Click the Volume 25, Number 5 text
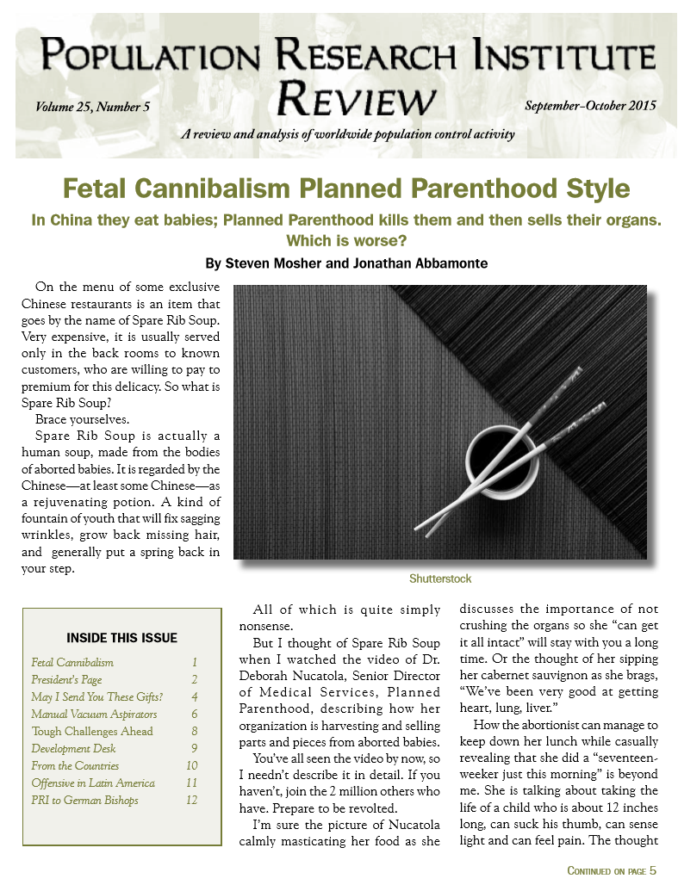coord(93,107)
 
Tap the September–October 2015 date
coord(590,106)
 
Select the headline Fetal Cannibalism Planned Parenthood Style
coord(346,189)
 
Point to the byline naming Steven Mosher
coord(345,263)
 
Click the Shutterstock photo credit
coord(440,579)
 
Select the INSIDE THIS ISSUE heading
coord(121,638)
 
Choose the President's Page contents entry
coord(66,679)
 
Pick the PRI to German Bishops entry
coord(84,800)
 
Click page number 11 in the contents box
coord(191,783)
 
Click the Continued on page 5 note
coord(611,870)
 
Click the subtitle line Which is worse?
coord(345,240)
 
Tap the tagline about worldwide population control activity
coord(348,134)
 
